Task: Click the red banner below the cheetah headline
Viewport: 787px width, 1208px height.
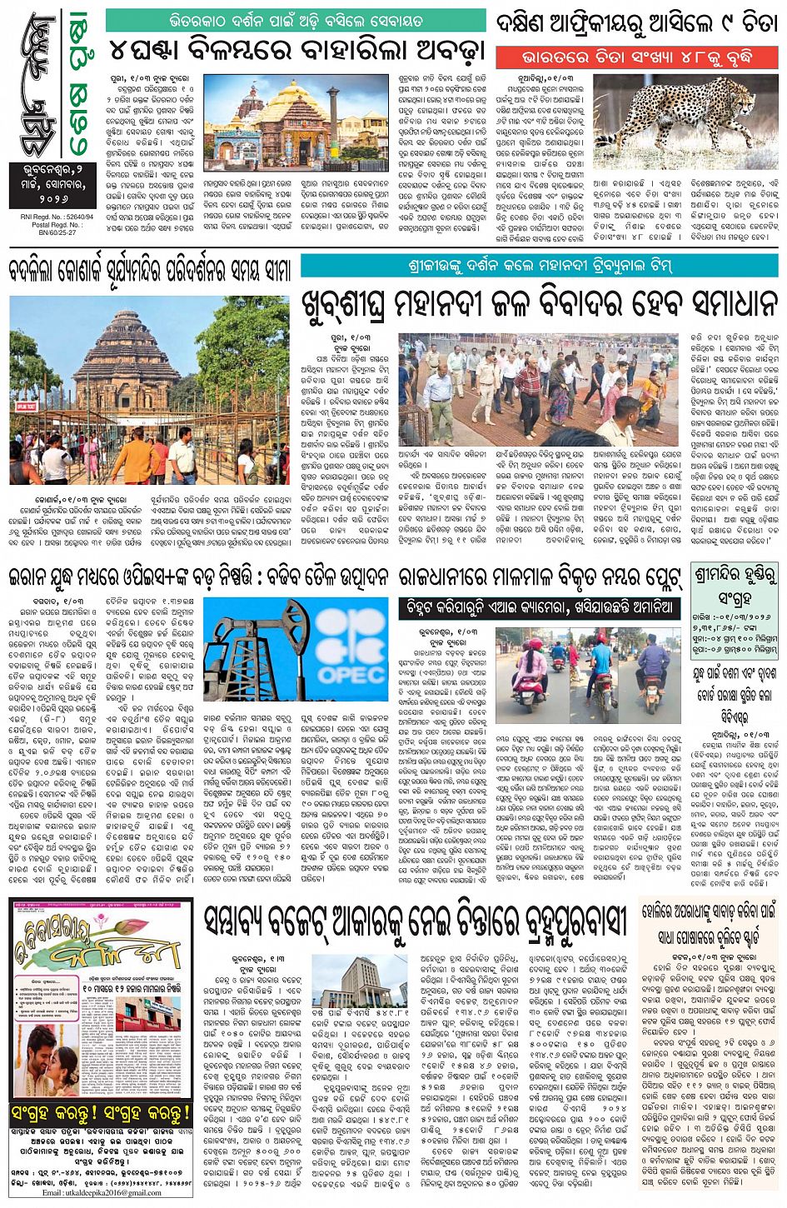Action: point(636,57)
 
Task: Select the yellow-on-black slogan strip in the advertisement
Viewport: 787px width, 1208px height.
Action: point(101,1113)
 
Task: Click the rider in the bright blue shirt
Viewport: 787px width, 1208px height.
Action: point(600,666)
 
